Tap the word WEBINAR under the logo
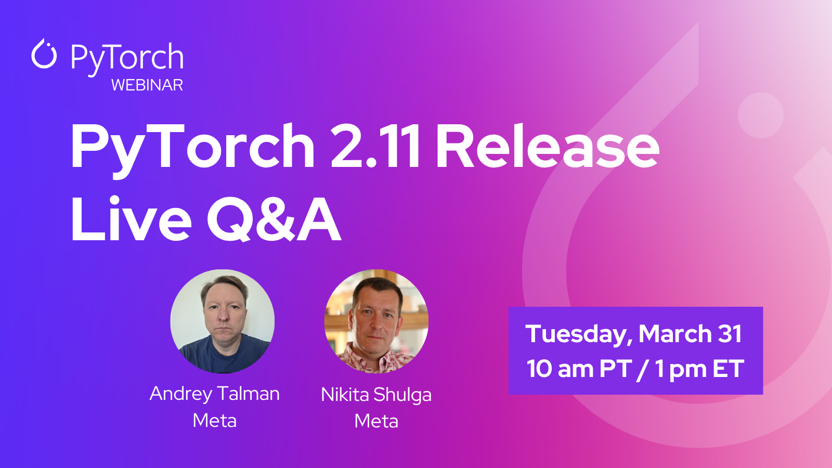click(147, 85)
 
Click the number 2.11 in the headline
click(375, 146)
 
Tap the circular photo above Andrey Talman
click(223, 321)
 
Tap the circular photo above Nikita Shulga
click(376, 321)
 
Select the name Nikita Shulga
click(376, 395)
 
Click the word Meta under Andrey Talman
click(215, 421)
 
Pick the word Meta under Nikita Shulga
click(376, 421)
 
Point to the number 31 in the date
click(730, 333)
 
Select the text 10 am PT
click(579, 369)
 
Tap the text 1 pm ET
click(699, 369)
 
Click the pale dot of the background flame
click(761, 115)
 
